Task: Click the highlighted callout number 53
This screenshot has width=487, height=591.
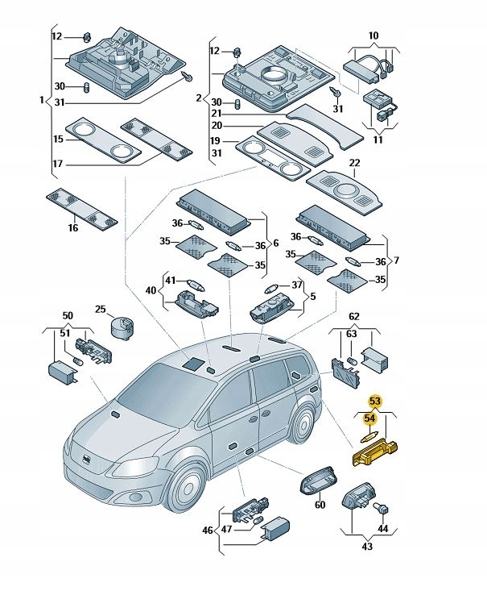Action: pos(374,401)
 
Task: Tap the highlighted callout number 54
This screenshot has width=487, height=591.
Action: pos(369,418)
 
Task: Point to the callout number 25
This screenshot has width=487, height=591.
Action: pos(100,309)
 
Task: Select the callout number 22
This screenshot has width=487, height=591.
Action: pos(353,164)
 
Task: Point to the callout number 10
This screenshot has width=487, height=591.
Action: pos(373,36)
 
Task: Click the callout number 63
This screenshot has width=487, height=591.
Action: pos(351,333)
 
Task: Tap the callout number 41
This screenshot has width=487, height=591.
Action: pos(170,281)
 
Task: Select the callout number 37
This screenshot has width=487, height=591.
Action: pos(297,285)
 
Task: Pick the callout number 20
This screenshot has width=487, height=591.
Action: pos(217,126)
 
